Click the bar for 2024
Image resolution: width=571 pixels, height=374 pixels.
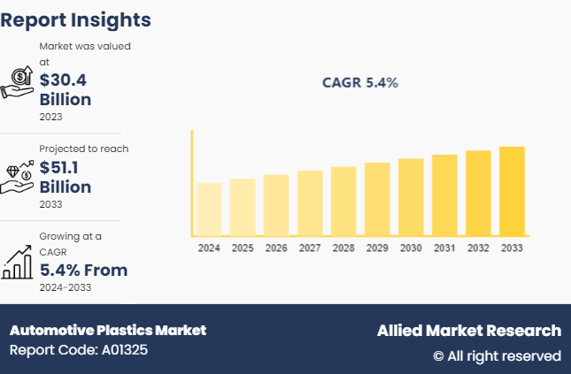209,209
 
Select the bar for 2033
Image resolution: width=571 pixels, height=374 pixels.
512,191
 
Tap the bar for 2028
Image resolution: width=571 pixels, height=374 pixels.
343,201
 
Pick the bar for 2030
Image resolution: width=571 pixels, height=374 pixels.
411,197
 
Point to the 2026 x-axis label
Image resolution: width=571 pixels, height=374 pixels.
276,248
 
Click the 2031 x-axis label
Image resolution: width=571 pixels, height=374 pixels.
444,248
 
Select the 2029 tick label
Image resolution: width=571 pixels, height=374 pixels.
377,248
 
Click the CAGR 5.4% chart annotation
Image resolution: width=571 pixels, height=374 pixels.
360,83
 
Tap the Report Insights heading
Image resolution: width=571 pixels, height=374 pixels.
76,19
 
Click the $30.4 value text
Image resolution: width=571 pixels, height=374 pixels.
63,80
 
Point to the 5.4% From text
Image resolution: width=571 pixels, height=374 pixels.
83,270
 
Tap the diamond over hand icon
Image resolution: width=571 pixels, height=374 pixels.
18,175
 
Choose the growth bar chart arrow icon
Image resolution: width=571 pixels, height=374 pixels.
18,262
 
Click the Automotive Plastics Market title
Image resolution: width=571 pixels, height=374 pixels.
108,330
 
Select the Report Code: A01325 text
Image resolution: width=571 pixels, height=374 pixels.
79,350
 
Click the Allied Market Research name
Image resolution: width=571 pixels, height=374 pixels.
468,331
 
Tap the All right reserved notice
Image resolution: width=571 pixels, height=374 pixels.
497,355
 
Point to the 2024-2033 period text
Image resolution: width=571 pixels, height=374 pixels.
65,287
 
